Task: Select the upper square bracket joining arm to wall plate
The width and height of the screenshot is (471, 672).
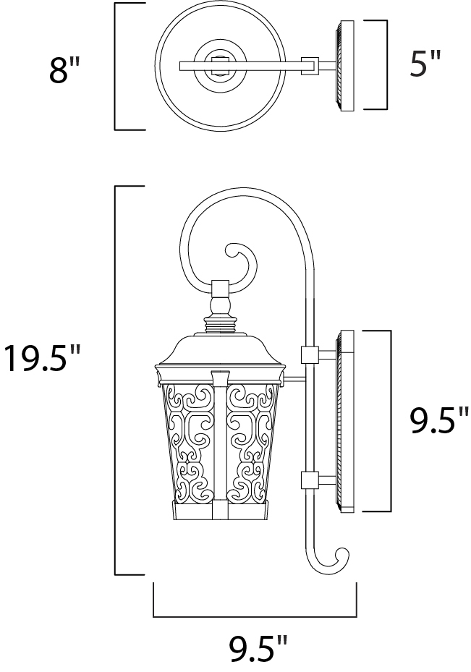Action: point(310,355)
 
